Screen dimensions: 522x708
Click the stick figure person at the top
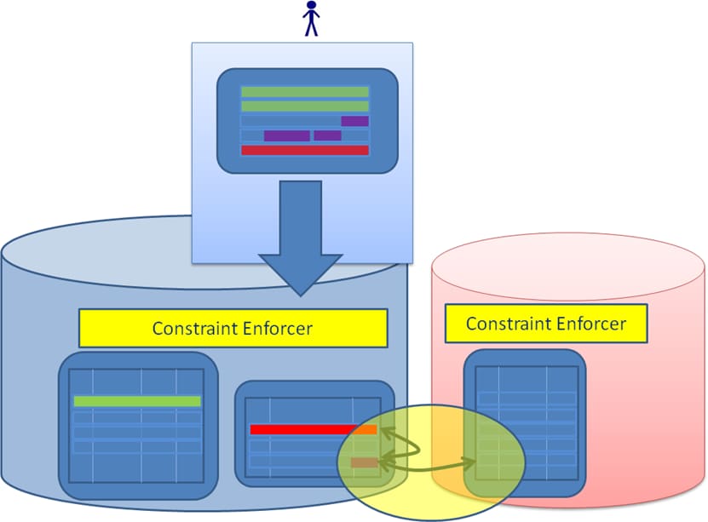pos(311,19)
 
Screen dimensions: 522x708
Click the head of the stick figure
pos(311,7)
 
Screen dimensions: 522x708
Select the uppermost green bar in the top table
pos(305,91)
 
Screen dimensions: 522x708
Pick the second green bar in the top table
pos(305,106)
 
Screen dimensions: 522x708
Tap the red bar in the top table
pos(305,151)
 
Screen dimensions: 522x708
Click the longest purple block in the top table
pos(286,135)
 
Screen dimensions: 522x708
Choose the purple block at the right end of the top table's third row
pos(354,121)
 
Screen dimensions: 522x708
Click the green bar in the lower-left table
pos(137,401)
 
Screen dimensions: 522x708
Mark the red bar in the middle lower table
pos(302,429)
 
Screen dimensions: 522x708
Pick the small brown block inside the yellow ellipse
pos(363,462)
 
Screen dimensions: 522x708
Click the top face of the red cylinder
pos(569,263)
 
